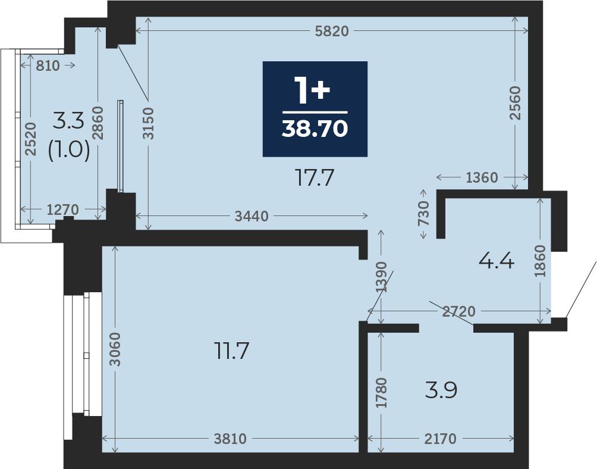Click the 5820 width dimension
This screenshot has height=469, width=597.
332,31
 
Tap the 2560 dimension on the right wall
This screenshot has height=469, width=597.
515,103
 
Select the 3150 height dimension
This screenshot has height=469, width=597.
148,123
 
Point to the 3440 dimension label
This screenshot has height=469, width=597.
252,217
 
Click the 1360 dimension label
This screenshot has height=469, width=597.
482,177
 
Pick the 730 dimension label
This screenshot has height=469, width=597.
423,214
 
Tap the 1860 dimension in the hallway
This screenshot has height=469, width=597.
540,261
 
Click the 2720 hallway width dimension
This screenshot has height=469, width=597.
459,312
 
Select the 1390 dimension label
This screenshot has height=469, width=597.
381,277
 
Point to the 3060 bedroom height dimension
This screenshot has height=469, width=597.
115,349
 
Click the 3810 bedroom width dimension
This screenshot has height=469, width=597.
230,439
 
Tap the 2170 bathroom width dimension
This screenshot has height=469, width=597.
440,439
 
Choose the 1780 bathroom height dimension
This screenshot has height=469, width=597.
381,392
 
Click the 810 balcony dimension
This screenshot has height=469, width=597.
48,66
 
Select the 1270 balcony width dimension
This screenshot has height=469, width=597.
62,210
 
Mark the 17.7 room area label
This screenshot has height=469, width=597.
315,178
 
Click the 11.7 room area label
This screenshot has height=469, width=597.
231,351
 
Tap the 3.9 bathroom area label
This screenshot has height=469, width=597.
441,390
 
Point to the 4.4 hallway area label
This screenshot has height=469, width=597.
496,261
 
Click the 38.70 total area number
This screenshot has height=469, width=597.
315,129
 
